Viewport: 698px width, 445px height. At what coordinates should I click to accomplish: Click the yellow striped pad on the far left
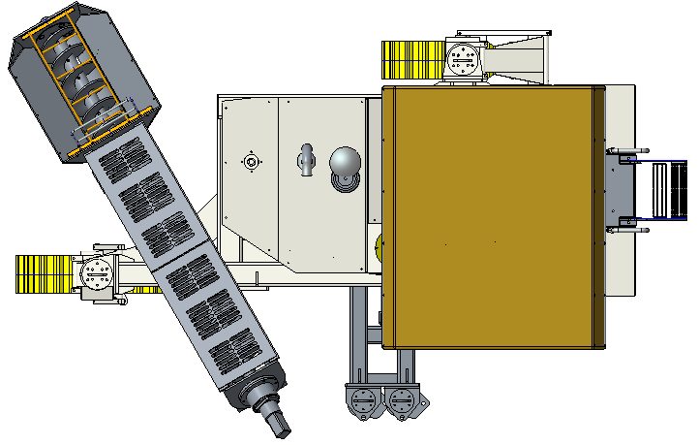[x=44, y=273]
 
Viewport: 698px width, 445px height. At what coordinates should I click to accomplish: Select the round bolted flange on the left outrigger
[x=97, y=275]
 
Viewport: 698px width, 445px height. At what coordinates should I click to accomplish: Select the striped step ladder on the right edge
[x=669, y=190]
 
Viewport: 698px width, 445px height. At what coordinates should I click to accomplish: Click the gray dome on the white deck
[x=346, y=163]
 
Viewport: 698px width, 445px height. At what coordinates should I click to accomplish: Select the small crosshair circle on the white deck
[x=251, y=161]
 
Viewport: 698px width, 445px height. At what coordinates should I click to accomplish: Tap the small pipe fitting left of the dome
[x=306, y=160]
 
